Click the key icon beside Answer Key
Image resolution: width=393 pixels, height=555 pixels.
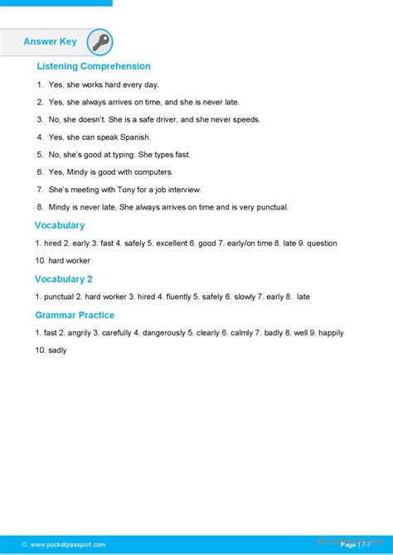pyautogui.click(x=99, y=42)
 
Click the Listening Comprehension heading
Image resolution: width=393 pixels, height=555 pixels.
pyautogui.click(x=94, y=66)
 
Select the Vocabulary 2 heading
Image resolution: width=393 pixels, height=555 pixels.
pyautogui.click(x=63, y=279)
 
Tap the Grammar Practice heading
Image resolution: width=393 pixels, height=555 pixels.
pyautogui.click(x=75, y=316)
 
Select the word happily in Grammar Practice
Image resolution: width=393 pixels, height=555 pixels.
pyautogui.click(x=331, y=333)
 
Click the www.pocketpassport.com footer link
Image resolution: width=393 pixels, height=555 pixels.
pyautogui.click(x=68, y=544)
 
